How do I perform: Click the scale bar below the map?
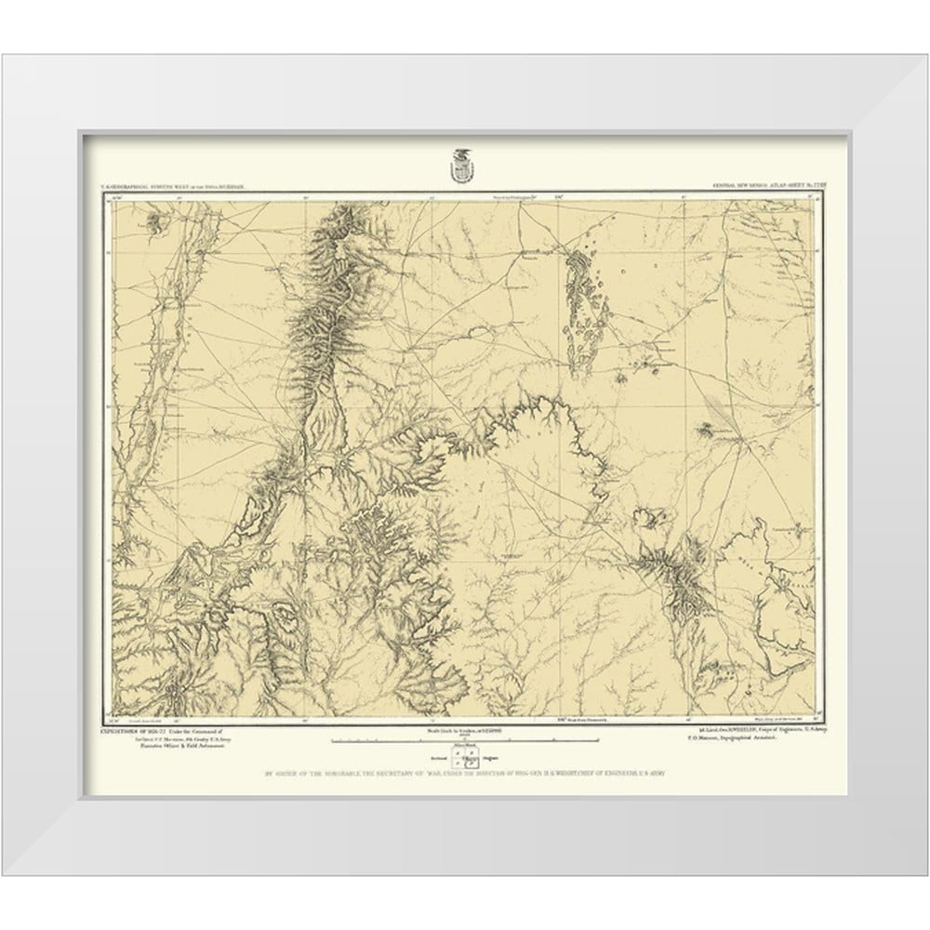(x=462, y=741)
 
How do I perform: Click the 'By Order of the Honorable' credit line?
(x=462, y=774)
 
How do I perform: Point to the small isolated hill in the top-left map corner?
(x=152, y=220)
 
